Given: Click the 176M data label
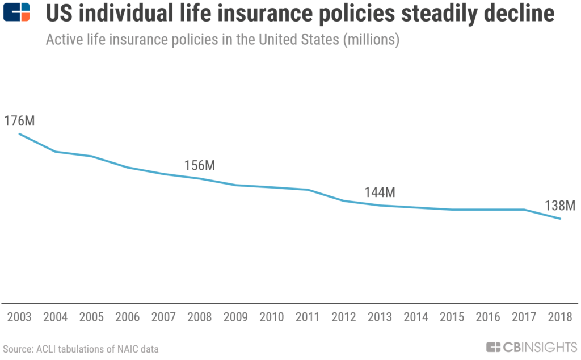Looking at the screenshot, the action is click(x=19, y=121).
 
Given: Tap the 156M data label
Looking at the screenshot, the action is click(x=200, y=165).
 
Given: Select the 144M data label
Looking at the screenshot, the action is click(x=380, y=192).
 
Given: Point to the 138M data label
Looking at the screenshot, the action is click(x=560, y=206).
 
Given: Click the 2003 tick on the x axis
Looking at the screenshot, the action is click(x=19, y=317).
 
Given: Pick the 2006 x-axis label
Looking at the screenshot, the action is click(x=128, y=317).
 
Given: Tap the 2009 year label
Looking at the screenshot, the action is click(x=235, y=317).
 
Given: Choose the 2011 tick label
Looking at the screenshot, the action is click(x=308, y=317).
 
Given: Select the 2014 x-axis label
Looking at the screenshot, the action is click(x=416, y=317).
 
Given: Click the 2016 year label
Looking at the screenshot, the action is click(x=488, y=317).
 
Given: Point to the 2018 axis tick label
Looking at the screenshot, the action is click(x=560, y=317).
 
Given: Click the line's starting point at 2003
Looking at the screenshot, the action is click(x=19, y=134).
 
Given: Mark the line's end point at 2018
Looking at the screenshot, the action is click(x=560, y=219).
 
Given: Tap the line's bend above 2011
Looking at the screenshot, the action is click(x=308, y=190).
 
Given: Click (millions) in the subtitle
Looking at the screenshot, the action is click(x=371, y=40).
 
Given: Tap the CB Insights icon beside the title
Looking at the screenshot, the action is click(x=16, y=12).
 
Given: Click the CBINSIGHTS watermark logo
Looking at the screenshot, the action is click(x=532, y=348).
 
